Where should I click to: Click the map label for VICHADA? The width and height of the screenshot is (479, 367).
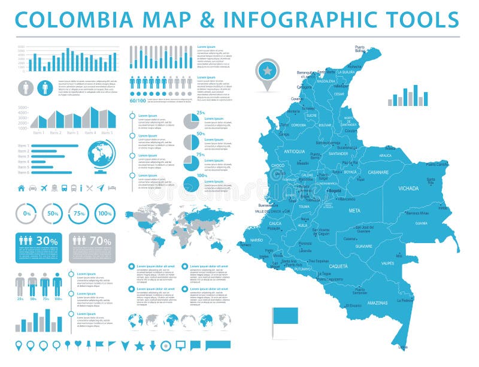pyautogui.click(x=408, y=188)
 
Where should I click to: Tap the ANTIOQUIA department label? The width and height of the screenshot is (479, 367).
pyautogui.click(x=295, y=151)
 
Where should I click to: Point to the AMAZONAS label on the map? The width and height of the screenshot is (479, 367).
pyautogui.click(x=378, y=303)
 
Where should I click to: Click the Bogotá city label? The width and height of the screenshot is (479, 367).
pyautogui.click(x=335, y=190)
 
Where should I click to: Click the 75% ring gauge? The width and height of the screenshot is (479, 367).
pyautogui.click(x=78, y=214)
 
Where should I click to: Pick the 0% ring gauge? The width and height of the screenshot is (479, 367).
pyautogui.click(x=26, y=214)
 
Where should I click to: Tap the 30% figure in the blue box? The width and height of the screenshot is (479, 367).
pyautogui.click(x=47, y=241)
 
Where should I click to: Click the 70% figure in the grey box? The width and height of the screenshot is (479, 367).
pyautogui.click(x=100, y=241)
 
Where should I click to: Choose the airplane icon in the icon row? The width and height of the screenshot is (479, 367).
pyautogui.click(x=44, y=188)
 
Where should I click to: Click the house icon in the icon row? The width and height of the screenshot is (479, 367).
pyautogui.click(x=22, y=188)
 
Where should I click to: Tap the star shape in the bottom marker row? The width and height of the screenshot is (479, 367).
pyautogui.click(x=139, y=345)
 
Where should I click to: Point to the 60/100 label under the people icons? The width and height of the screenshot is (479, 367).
pyautogui.click(x=138, y=101)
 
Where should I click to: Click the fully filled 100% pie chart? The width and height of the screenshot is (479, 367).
pyautogui.click(x=190, y=184)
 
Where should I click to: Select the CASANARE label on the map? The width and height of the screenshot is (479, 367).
pyautogui.click(x=378, y=172)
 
